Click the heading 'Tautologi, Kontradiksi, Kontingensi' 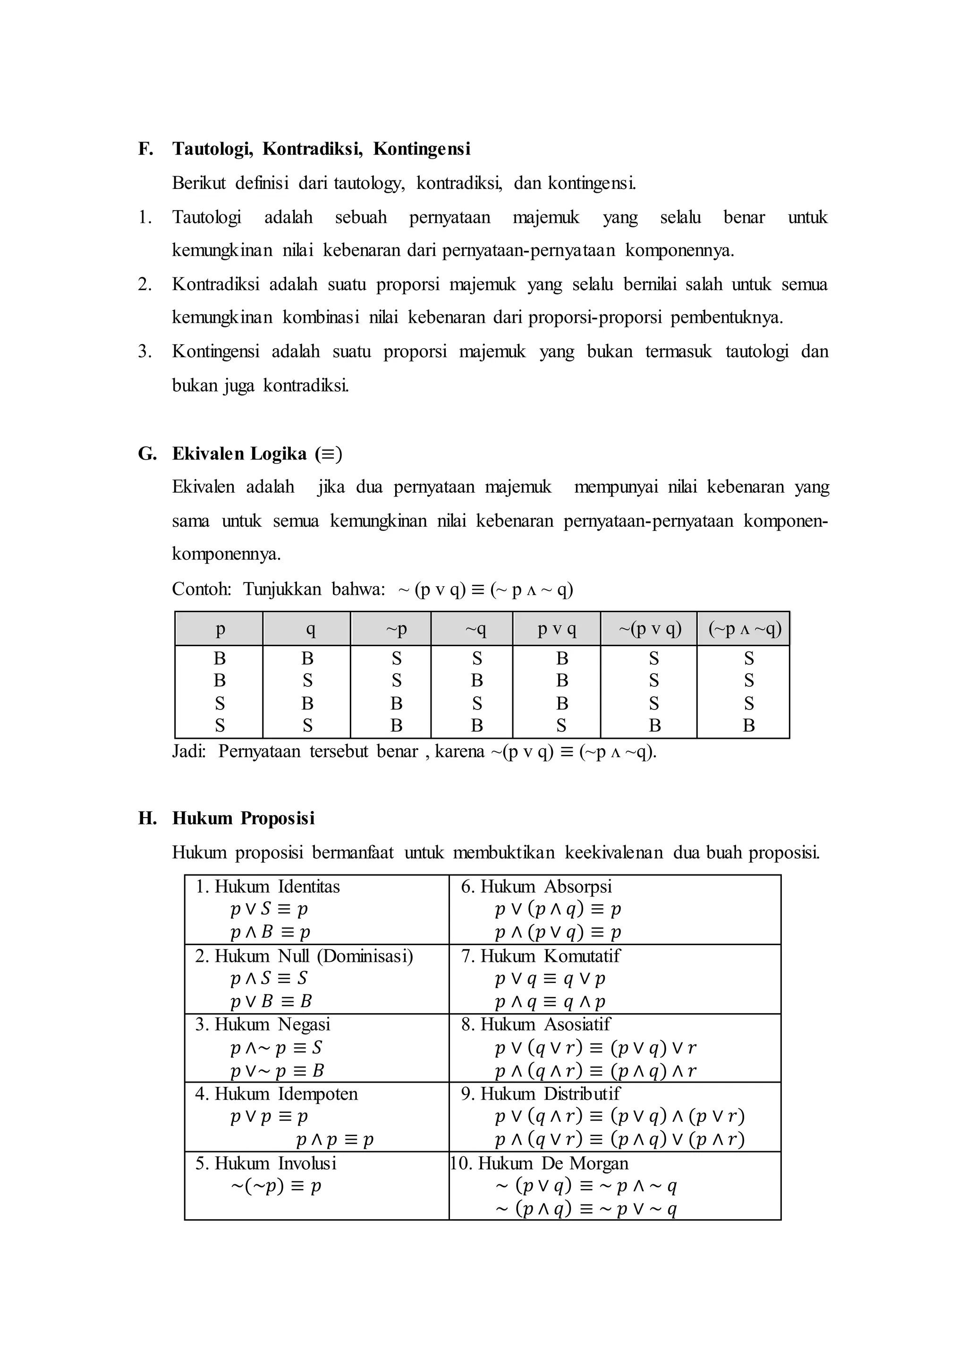[321, 149]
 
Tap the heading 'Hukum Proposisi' [243, 818]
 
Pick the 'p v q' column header [557, 629]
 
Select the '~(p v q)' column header [649, 629]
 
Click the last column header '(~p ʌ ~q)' [744, 629]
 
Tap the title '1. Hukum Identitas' [267, 887]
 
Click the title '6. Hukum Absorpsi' [536, 887]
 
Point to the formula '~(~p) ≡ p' [276, 1186]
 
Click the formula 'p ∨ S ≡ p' [269, 909]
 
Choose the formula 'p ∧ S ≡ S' [269, 978]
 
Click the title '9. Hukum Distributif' [540, 1094]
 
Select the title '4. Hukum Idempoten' [276, 1094]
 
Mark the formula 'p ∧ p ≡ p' [335, 1140]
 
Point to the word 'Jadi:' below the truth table [189, 752]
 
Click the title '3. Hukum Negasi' [263, 1024]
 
